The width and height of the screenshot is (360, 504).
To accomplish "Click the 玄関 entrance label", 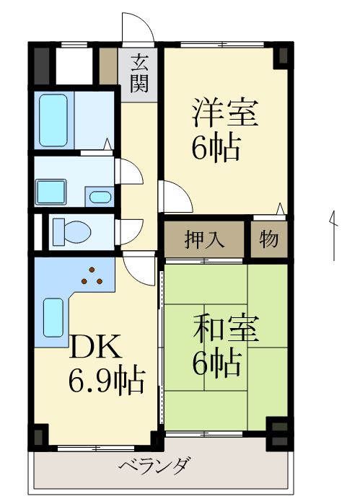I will tap(139, 73).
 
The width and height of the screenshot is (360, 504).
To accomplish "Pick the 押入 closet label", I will tap(204, 240).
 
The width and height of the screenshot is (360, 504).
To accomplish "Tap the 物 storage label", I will tap(268, 240).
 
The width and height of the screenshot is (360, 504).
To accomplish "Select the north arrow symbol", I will tap(334, 234).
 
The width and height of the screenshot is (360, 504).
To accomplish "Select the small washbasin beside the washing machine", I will tap(99, 196).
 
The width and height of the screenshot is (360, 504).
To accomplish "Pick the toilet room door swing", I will tap(128, 231).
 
